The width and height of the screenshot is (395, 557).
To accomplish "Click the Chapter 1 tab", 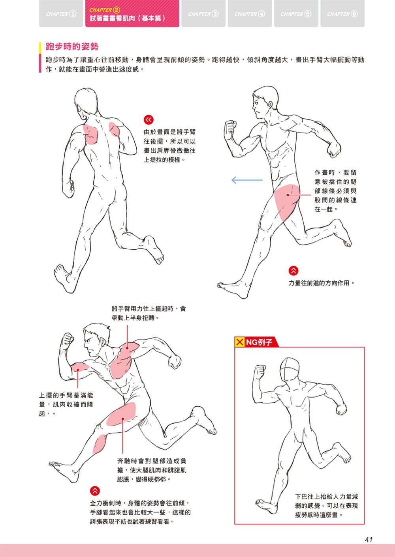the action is pyautogui.click(x=61, y=13).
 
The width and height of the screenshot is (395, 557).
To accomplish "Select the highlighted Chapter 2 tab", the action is pyautogui.click(x=132, y=13).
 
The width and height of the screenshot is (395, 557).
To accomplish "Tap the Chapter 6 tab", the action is pyautogui.click(x=342, y=13).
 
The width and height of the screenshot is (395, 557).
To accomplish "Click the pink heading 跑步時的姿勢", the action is pyautogui.click(x=72, y=47).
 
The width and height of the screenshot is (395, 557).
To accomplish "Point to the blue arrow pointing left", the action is pyautogui.click(x=247, y=180).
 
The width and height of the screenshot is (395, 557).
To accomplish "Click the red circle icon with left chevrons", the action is pyautogui.click(x=149, y=120).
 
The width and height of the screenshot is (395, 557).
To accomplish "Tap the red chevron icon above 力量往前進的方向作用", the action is pyautogui.click(x=293, y=271).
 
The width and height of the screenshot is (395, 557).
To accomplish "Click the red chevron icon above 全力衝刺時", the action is pyautogui.click(x=95, y=491).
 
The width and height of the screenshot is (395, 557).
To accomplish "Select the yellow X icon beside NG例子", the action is pyautogui.click(x=239, y=342).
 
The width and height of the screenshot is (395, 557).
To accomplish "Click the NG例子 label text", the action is pyautogui.click(x=259, y=342).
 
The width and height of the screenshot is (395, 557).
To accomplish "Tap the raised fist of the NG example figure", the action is pyautogui.click(x=260, y=372).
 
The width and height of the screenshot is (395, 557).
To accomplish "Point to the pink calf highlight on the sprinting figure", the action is pyautogui.click(x=100, y=444).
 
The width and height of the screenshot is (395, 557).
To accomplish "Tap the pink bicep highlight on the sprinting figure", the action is pyautogui.click(x=80, y=367).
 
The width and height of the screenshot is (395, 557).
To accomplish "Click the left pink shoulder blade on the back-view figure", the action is pyautogui.click(x=90, y=134).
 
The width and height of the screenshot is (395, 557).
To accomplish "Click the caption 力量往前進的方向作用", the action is pyautogui.click(x=321, y=283).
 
